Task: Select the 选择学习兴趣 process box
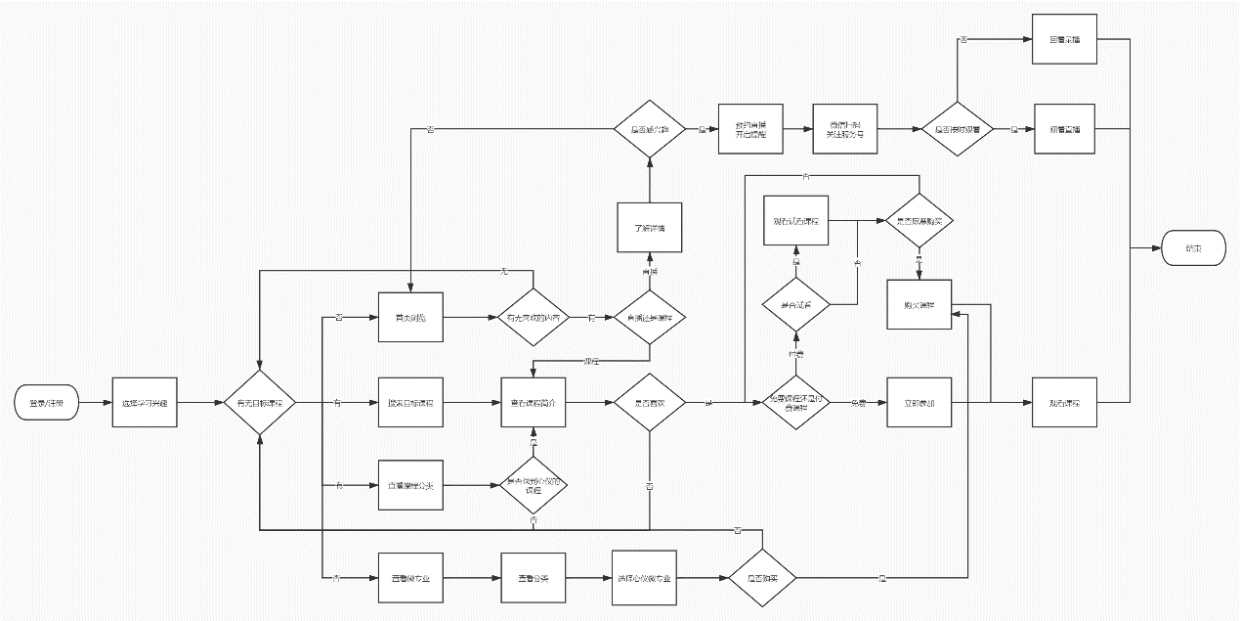coord(145,402)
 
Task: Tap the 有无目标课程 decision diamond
coord(260,402)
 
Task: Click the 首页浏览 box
coord(410,318)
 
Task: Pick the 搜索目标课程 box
coord(410,402)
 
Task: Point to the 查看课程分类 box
coord(410,484)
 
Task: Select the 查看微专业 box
coord(410,578)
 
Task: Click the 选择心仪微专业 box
coord(646,578)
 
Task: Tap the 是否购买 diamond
coord(761,578)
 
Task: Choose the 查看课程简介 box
coord(533,402)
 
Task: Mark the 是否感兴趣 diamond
coord(649,129)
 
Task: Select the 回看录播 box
coord(1065,40)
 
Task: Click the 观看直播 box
coord(1065,129)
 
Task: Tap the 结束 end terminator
coord(1191,249)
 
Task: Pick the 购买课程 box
coord(919,304)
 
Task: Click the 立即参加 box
coord(919,402)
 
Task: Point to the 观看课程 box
coord(1065,402)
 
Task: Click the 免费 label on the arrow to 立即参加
coord(858,402)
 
